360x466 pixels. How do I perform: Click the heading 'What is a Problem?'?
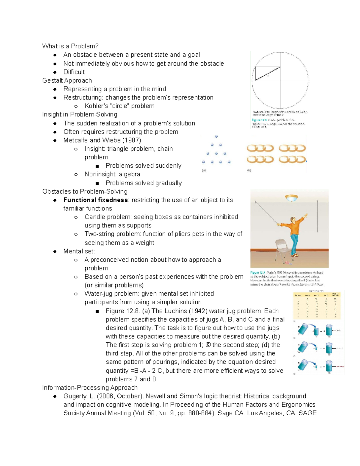click(x=70, y=46)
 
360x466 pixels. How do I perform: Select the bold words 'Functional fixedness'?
click(x=95, y=200)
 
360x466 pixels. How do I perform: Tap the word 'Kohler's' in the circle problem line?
click(x=95, y=106)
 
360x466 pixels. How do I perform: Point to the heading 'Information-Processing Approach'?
click(x=90, y=388)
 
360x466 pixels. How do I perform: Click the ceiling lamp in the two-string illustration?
click(x=291, y=198)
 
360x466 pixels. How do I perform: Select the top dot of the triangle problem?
click(x=216, y=137)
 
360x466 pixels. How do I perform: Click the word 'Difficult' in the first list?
click(x=74, y=72)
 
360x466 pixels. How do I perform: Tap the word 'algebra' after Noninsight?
click(x=129, y=174)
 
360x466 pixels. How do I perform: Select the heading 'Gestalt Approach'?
click(x=67, y=80)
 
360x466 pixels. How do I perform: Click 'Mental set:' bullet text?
click(x=79, y=251)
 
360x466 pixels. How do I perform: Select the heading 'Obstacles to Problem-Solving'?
click(x=85, y=191)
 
